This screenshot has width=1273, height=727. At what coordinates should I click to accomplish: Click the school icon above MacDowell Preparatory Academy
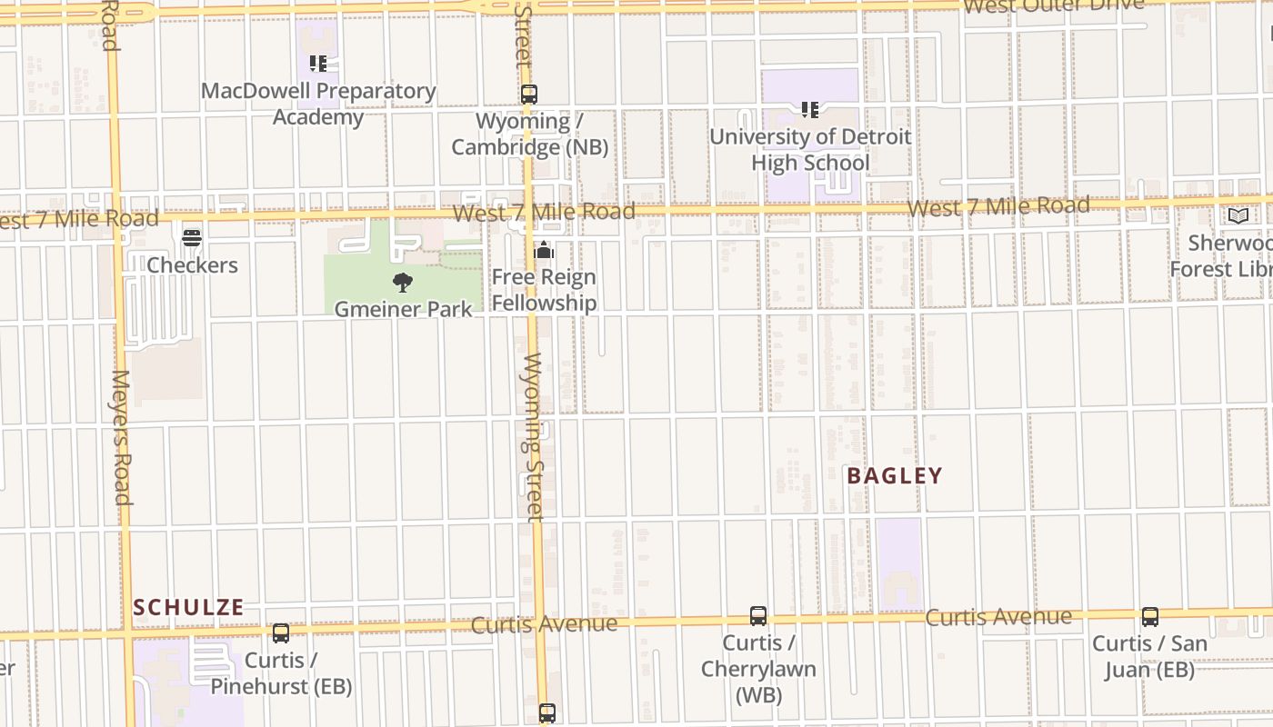317,64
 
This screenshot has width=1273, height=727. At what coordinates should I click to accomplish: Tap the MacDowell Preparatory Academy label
318,104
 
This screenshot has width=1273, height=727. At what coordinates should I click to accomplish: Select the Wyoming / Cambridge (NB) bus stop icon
529,94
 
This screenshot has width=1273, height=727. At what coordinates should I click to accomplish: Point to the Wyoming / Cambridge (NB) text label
529,134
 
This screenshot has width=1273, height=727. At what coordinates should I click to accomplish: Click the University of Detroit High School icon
810,110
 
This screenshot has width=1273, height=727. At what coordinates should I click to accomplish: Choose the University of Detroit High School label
810,150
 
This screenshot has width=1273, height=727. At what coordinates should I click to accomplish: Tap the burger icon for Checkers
192,238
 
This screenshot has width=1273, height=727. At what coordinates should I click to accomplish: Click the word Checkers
192,265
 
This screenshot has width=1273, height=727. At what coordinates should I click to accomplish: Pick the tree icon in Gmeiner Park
403,282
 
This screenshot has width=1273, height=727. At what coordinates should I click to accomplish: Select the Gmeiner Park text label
403,309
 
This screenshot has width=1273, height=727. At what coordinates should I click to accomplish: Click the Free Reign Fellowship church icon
544,250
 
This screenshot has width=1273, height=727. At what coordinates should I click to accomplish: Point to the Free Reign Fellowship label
544,290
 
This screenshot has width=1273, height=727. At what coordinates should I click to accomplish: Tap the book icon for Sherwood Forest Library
1238,215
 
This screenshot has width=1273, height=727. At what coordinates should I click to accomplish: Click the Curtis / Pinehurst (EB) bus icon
281,633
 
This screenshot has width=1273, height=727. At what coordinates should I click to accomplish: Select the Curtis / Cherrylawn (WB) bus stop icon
758,616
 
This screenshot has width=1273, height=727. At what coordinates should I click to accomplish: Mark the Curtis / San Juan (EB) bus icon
1150,617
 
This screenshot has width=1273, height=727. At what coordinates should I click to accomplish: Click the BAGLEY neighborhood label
895,475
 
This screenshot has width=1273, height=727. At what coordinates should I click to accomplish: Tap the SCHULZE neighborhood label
189,607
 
